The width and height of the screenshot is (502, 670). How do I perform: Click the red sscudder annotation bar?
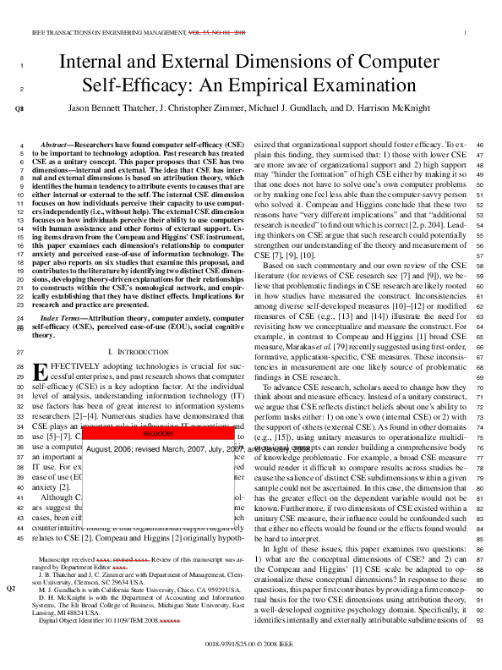pyautogui.click(x=159, y=432)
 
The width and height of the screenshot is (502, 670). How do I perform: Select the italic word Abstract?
pyautogui.click(x=57, y=146)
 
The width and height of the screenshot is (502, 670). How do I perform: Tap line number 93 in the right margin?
pyautogui.click(x=484, y=599)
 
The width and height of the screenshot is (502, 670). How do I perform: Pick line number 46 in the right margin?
pyautogui.click(x=484, y=146)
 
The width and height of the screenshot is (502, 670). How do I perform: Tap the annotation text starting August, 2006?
pyautogui.click(x=159, y=449)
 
